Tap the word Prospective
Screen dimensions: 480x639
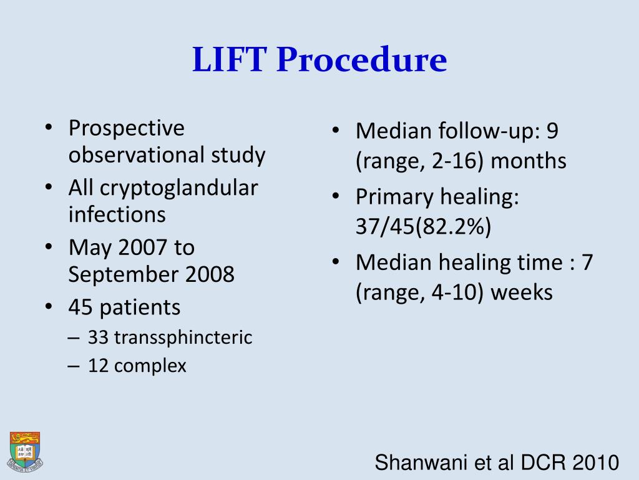[x=127, y=128]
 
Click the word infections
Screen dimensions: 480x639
[x=117, y=214]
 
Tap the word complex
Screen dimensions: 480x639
[x=150, y=366]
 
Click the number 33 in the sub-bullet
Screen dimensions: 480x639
[x=99, y=338]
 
